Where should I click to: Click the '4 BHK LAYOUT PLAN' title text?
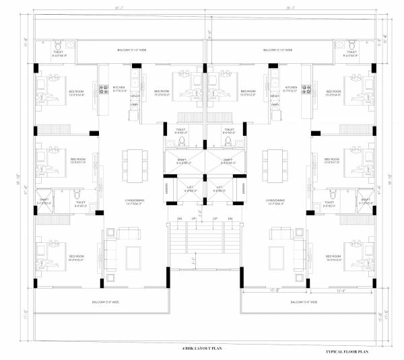pos(202,348)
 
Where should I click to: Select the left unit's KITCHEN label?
pos(119,88)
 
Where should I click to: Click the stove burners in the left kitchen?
pos(104,87)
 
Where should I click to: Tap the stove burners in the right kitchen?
pos(304,87)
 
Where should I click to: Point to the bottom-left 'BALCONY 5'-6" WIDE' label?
pos(106,303)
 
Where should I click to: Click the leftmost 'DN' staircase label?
pos(180,219)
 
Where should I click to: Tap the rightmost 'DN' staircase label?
pos(232,219)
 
